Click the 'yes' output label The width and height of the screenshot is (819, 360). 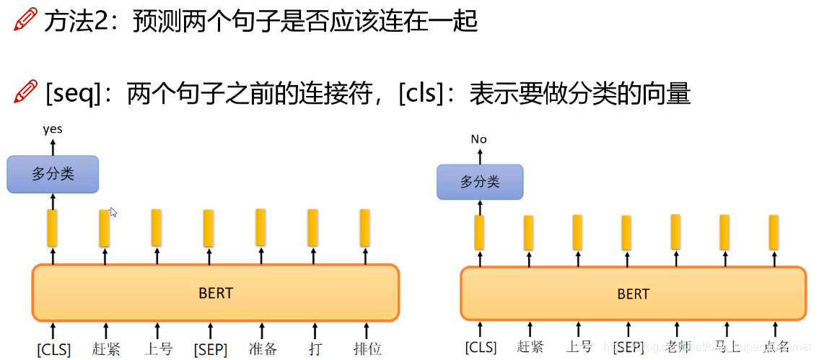53,129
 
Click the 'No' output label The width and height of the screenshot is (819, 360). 478,139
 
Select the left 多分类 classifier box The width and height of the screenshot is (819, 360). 53,174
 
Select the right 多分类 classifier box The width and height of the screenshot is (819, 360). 480,182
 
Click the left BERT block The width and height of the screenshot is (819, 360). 215,292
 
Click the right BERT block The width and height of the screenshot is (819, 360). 633,294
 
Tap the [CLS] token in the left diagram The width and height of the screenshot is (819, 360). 54,350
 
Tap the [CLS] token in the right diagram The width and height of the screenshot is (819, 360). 481,347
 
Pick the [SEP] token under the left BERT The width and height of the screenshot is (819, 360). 210,350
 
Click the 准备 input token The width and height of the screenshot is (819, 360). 263,349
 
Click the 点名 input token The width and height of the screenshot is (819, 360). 776,346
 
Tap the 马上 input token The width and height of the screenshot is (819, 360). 727,346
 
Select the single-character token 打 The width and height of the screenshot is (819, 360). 314,349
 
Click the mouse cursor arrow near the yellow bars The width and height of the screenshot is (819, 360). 113,212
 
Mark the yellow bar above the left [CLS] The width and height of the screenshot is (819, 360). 52,227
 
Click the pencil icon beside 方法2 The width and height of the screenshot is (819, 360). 25,20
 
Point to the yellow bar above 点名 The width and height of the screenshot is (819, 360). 774,232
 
